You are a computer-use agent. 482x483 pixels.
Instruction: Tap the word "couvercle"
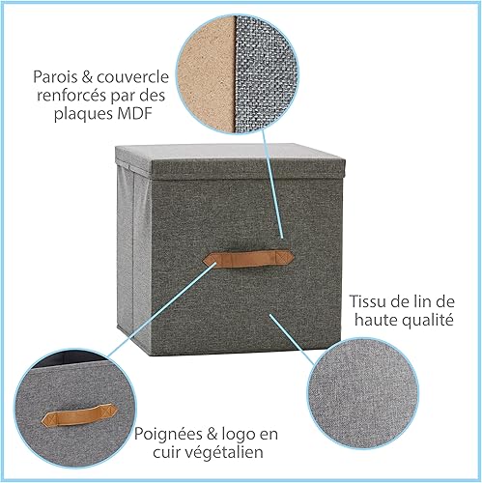click(x=132, y=77)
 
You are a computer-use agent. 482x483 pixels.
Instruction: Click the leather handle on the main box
click(x=248, y=258)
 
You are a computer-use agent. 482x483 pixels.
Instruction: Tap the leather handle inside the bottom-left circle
click(x=78, y=415)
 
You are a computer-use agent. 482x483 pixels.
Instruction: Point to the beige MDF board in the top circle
click(x=206, y=75)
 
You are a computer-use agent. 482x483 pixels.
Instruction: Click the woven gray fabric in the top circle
click(x=265, y=75)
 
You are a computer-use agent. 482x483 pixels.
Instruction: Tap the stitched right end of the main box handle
click(x=285, y=257)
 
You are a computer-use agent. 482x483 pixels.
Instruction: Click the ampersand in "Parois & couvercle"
click(x=85, y=77)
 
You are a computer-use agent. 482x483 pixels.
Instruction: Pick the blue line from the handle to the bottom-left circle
click(x=161, y=309)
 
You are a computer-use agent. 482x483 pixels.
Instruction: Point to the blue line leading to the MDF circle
click(x=272, y=185)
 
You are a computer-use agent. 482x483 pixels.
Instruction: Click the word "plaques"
click(x=78, y=114)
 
